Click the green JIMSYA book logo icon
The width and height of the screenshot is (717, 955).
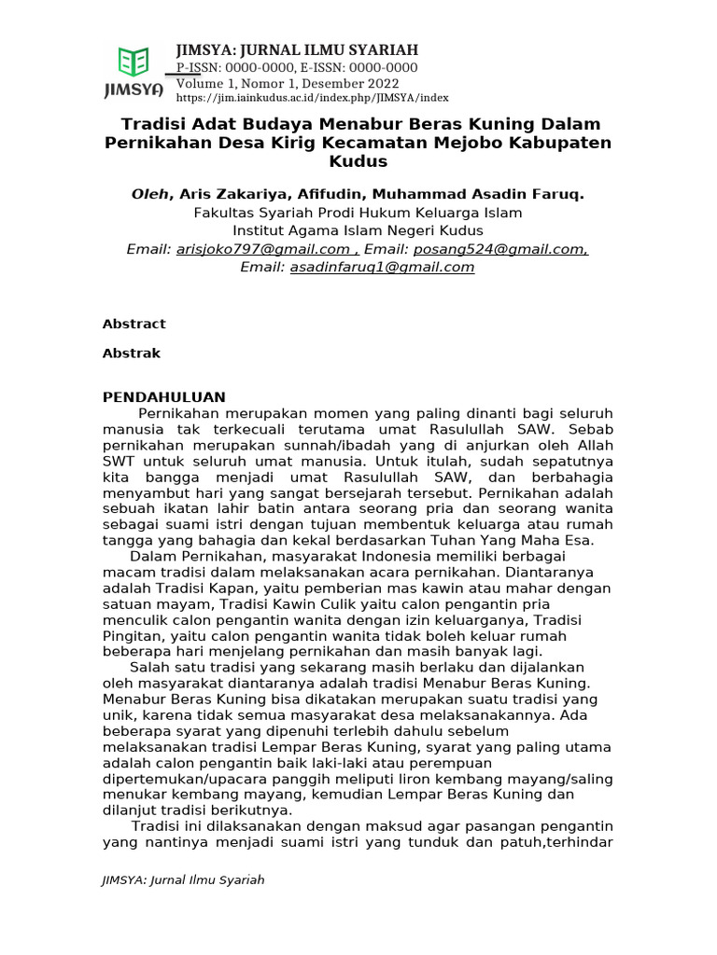134,62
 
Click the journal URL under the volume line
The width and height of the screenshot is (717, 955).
312,97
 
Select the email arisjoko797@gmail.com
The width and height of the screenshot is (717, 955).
262,249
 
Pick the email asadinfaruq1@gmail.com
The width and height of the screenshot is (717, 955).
382,267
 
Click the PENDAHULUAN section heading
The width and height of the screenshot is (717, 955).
163,396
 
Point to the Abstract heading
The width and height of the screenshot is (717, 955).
134,324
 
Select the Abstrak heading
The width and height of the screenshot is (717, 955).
131,353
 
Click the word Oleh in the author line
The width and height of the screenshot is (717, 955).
150,194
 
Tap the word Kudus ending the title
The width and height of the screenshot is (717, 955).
358,161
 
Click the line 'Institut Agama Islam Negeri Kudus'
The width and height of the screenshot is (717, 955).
358,230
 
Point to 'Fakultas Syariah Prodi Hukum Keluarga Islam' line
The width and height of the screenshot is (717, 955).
358,213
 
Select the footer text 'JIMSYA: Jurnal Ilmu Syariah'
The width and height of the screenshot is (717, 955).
183,879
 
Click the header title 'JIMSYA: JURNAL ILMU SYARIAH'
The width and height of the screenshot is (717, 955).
297,50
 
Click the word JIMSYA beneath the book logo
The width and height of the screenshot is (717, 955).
134,90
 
